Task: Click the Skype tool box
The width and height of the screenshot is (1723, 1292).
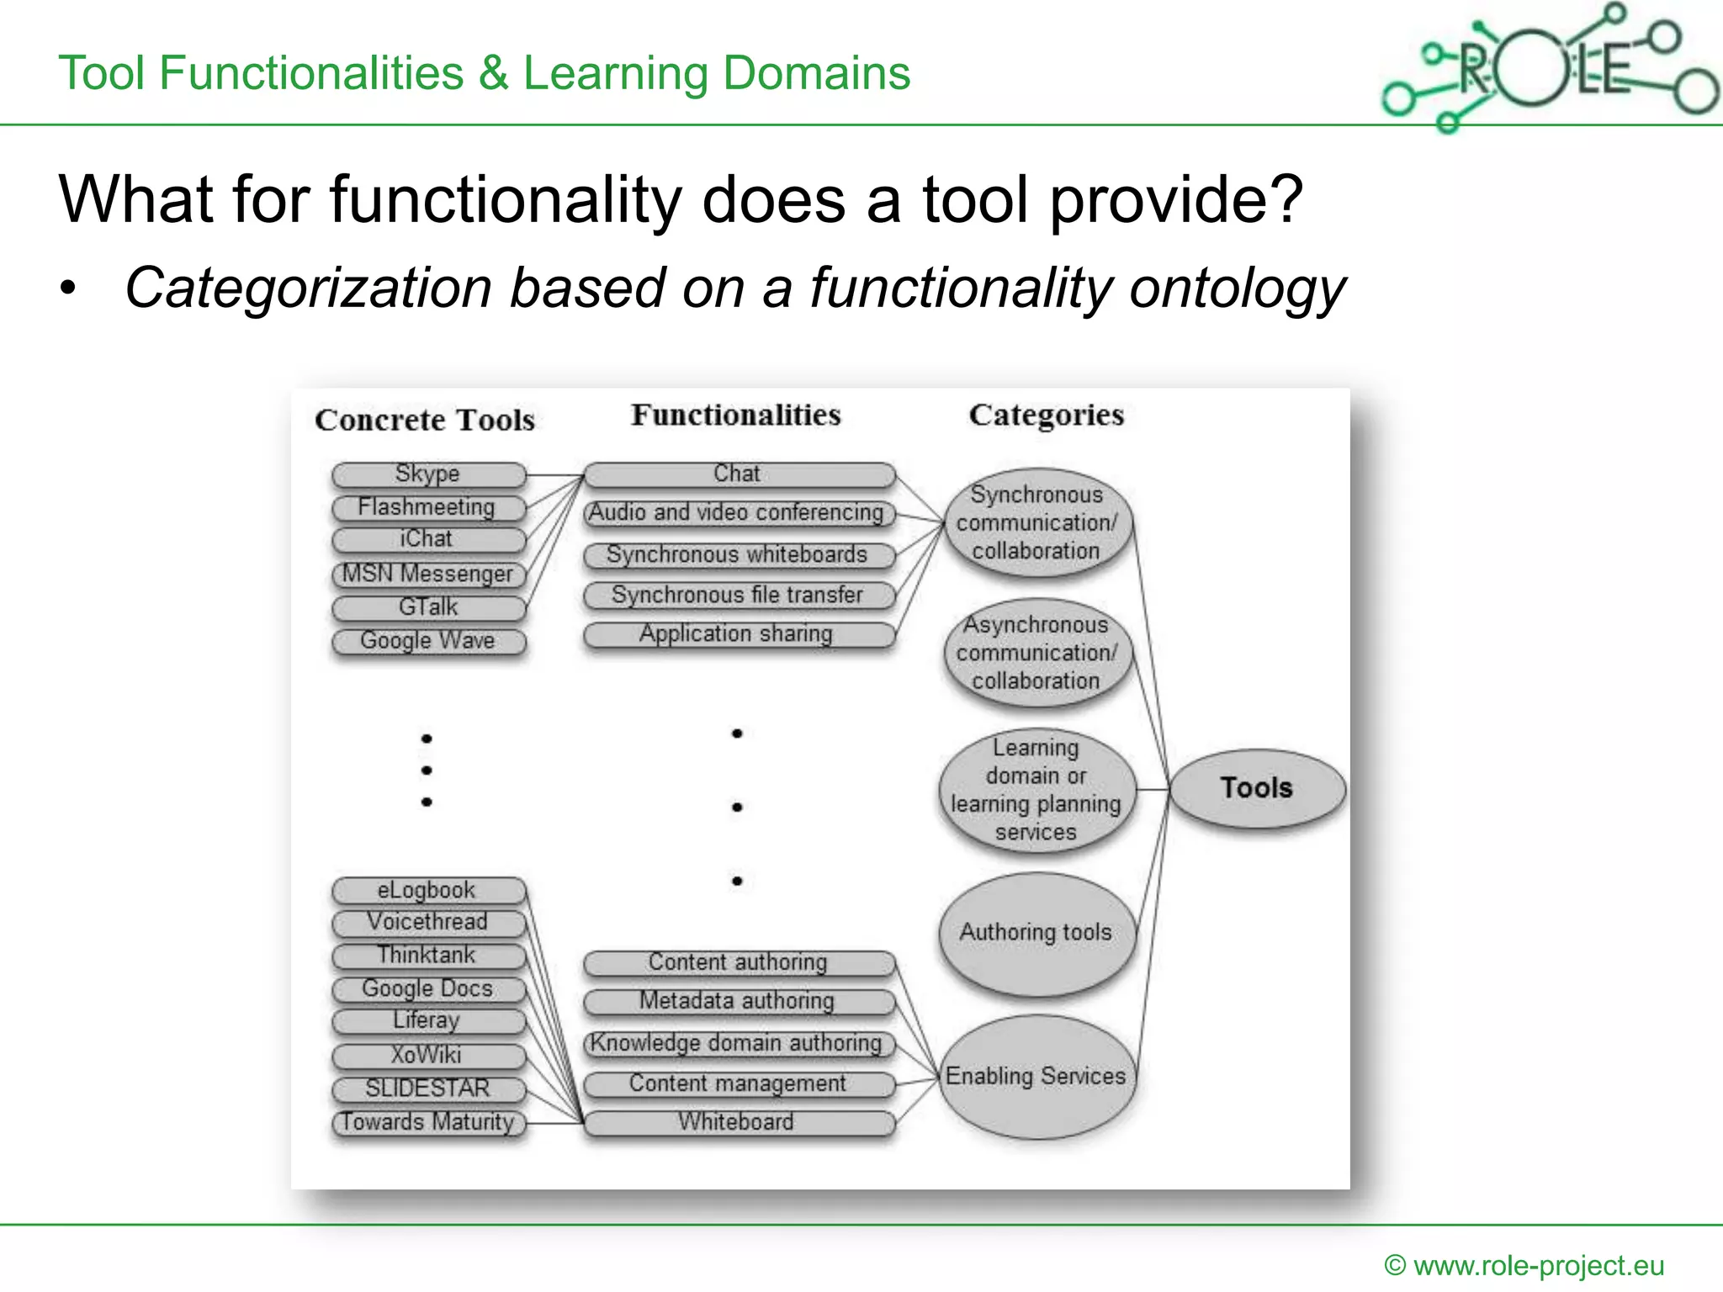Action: point(428,474)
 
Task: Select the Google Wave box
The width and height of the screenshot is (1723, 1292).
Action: point(428,641)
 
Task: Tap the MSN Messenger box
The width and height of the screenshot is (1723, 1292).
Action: point(428,575)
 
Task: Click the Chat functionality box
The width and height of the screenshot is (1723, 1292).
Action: point(739,474)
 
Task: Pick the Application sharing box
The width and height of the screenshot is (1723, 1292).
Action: point(739,634)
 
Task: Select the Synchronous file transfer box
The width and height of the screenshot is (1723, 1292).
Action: point(739,596)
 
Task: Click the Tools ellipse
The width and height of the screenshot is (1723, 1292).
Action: point(1257,788)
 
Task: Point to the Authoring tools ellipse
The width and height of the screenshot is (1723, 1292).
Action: point(1036,933)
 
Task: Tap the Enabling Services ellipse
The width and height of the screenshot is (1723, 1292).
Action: point(1036,1077)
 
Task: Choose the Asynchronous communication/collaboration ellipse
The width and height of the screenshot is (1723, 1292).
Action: point(1036,654)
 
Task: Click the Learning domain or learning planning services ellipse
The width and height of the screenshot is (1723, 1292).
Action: point(1036,790)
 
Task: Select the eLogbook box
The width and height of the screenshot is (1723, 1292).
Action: point(428,890)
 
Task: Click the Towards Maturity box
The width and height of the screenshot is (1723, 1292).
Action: point(428,1123)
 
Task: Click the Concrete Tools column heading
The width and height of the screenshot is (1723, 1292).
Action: point(425,420)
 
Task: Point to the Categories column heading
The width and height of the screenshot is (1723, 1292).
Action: point(1047,416)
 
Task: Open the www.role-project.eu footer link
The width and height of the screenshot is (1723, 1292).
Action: point(1538,1265)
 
